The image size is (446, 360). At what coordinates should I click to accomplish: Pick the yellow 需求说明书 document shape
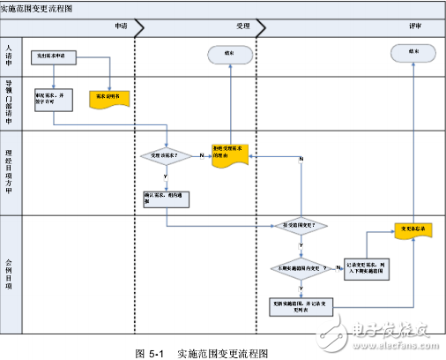(x=109, y=99)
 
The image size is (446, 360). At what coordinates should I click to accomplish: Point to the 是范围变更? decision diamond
(x=302, y=225)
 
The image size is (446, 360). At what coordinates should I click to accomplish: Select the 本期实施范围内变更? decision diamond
(x=302, y=266)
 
